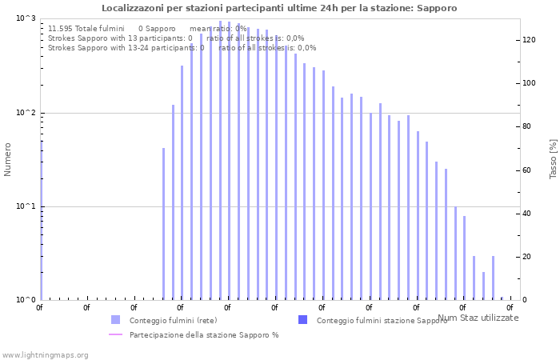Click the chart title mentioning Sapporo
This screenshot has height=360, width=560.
pos(279,8)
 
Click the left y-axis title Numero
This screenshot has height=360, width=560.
pos(8,159)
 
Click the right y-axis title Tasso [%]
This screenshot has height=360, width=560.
pos(553,158)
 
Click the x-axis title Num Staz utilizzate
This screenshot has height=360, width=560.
pos(478,318)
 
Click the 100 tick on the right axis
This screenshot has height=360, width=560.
pos(529,83)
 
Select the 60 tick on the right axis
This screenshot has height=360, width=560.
pos(527,170)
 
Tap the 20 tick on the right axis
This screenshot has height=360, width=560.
pos(527,257)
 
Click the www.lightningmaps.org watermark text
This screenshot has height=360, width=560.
pos(45,354)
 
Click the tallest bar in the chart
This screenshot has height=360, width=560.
pos(220,160)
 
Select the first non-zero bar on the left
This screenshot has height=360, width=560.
pos(163,224)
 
